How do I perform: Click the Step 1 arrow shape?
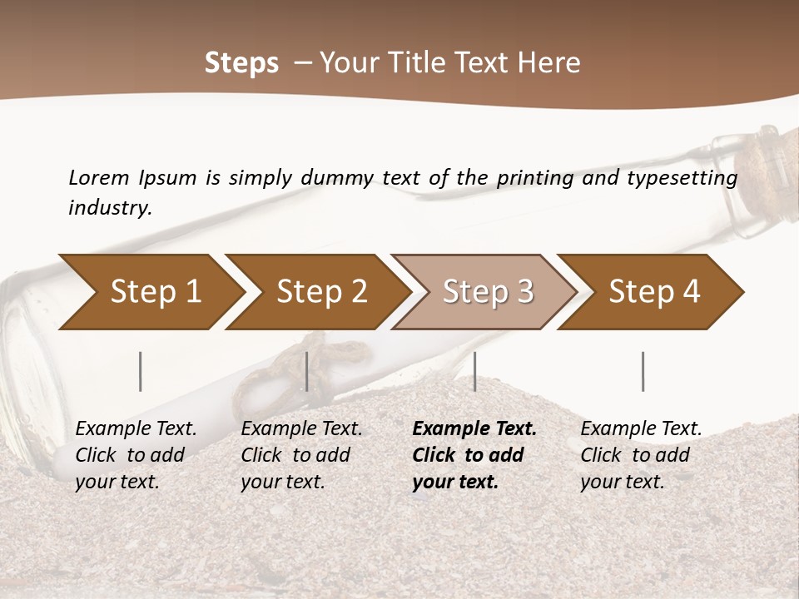point(150,292)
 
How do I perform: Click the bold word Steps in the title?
point(241,63)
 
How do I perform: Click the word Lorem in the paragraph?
point(98,178)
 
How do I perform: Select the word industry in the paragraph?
point(110,208)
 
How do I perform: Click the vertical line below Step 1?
point(141,371)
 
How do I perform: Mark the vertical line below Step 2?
point(307,371)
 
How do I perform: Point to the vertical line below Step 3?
point(474,371)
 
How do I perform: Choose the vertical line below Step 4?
point(643,371)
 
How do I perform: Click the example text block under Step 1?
point(136,455)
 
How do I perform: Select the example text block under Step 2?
point(301,455)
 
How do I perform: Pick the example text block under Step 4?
point(641,455)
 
